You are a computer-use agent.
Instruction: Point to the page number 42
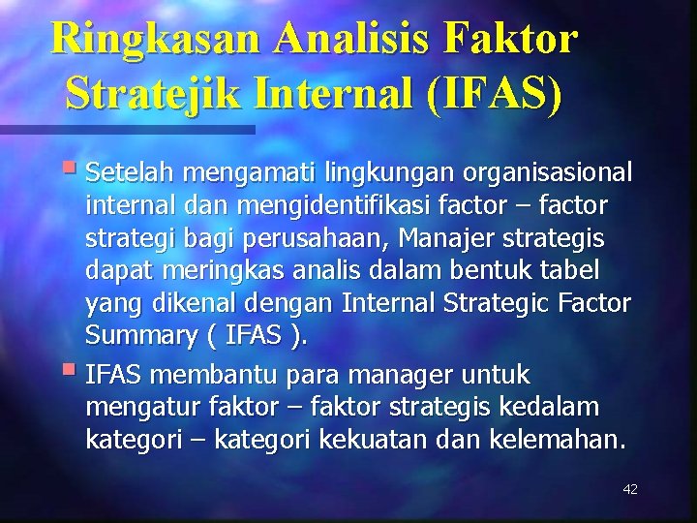pyautogui.click(x=629, y=489)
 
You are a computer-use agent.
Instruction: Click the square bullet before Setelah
pyautogui.click(x=74, y=171)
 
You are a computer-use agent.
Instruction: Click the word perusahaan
pyautogui.click(x=319, y=239)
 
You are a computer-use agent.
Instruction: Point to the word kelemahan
pyautogui.click(x=568, y=441)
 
